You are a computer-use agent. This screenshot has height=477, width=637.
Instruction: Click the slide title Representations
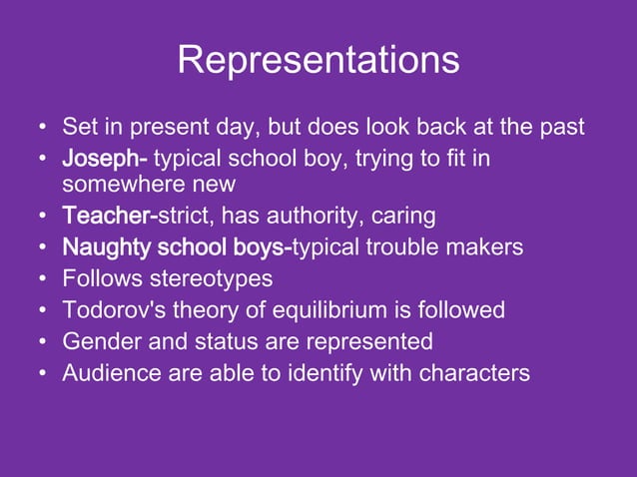click(x=318, y=60)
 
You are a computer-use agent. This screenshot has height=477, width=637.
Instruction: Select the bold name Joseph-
click(x=105, y=160)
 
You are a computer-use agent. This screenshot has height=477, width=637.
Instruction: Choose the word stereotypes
click(x=209, y=278)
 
